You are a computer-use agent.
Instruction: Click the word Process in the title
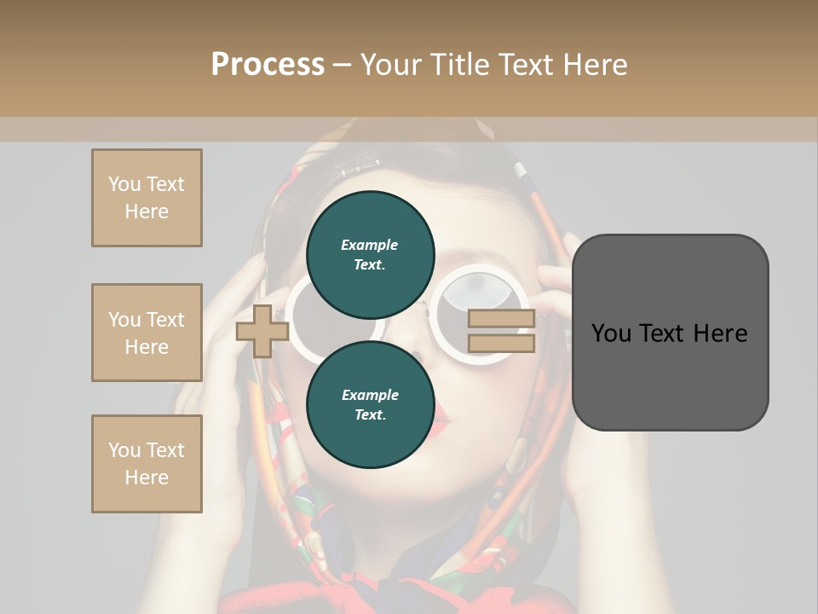[x=268, y=65]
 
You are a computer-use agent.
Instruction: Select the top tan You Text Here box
[x=147, y=198]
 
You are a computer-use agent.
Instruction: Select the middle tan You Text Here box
[x=147, y=333]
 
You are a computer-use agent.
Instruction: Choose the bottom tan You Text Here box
[x=147, y=464]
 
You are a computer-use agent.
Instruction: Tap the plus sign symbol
[x=262, y=331]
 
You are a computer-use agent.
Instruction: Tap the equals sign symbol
[x=501, y=332]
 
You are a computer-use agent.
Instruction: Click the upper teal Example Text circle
[x=370, y=254]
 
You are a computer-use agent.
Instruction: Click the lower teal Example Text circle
[x=370, y=404]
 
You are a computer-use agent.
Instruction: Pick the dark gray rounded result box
[x=670, y=332]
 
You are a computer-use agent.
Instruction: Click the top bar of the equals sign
[x=501, y=319]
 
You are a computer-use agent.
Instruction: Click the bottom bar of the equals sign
[x=501, y=344]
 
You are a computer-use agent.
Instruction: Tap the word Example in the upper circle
[x=370, y=245]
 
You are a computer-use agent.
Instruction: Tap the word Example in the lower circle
[x=370, y=395]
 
